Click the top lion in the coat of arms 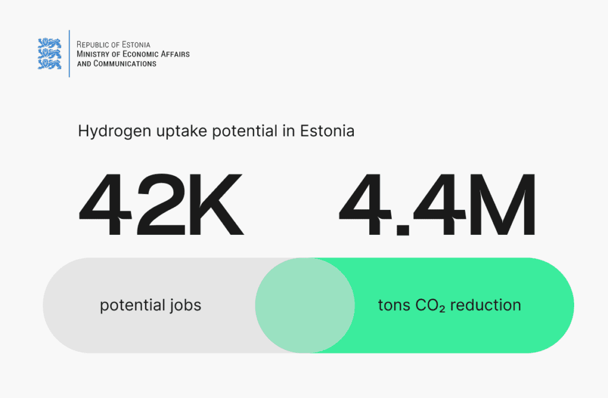[x=49, y=43]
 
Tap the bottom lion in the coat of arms [x=49, y=64]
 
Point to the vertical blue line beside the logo [x=69, y=53]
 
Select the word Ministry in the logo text [x=93, y=54]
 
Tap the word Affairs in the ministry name [x=175, y=54]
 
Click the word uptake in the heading [x=182, y=132]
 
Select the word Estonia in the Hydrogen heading [x=327, y=131]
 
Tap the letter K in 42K [x=216, y=204]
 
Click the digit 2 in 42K [x=161, y=204]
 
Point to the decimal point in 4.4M [x=403, y=228]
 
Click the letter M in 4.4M [x=502, y=204]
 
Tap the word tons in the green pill [x=394, y=305]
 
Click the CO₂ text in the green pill [x=430, y=305]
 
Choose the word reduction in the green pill [x=486, y=305]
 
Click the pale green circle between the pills [x=305, y=305]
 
